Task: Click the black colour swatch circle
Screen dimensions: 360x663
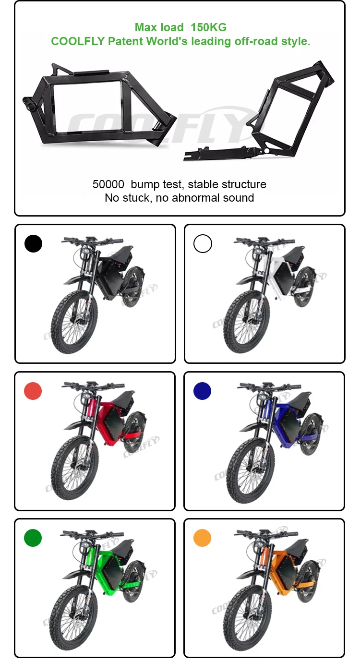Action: (33, 243)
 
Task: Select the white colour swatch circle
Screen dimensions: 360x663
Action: (203, 243)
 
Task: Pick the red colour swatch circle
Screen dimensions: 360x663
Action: (33, 391)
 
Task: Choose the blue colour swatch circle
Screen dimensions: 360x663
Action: (203, 391)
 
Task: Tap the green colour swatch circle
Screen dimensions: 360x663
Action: (33, 538)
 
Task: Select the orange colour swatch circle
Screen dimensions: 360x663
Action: (203, 538)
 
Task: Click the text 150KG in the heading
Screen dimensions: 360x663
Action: (208, 27)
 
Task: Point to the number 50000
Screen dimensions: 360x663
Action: (108, 184)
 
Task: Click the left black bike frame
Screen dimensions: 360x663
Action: (99, 107)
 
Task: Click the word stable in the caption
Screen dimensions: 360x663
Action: (201, 184)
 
